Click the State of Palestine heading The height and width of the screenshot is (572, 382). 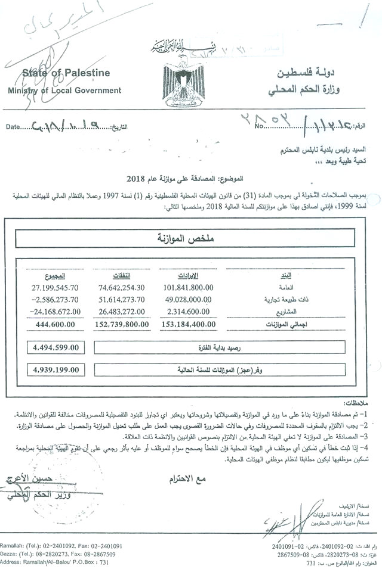(x=66, y=73)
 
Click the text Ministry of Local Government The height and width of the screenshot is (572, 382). (x=64, y=91)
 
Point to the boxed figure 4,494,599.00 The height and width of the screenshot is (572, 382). (x=56, y=347)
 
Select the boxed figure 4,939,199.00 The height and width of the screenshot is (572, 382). (x=56, y=370)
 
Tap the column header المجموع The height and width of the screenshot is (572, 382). (x=54, y=276)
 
